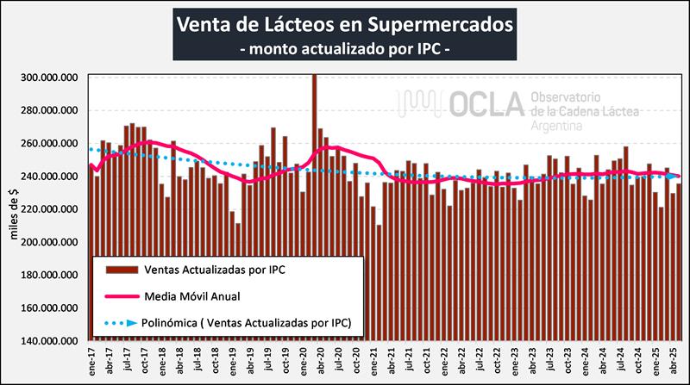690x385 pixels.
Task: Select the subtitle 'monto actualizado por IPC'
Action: click(x=344, y=50)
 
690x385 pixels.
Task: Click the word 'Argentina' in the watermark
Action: click(x=557, y=125)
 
